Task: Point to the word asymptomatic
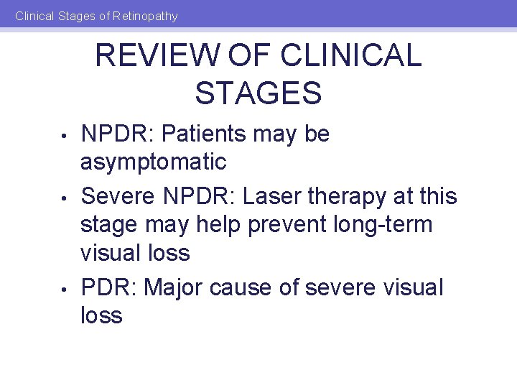(x=154, y=162)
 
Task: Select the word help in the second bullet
(x=216, y=224)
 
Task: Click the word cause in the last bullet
(x=256, y=287)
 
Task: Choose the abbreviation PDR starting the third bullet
(x=108, y=287)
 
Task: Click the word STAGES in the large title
(x=258, y=93)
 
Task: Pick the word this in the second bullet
(x=432, y=195)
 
